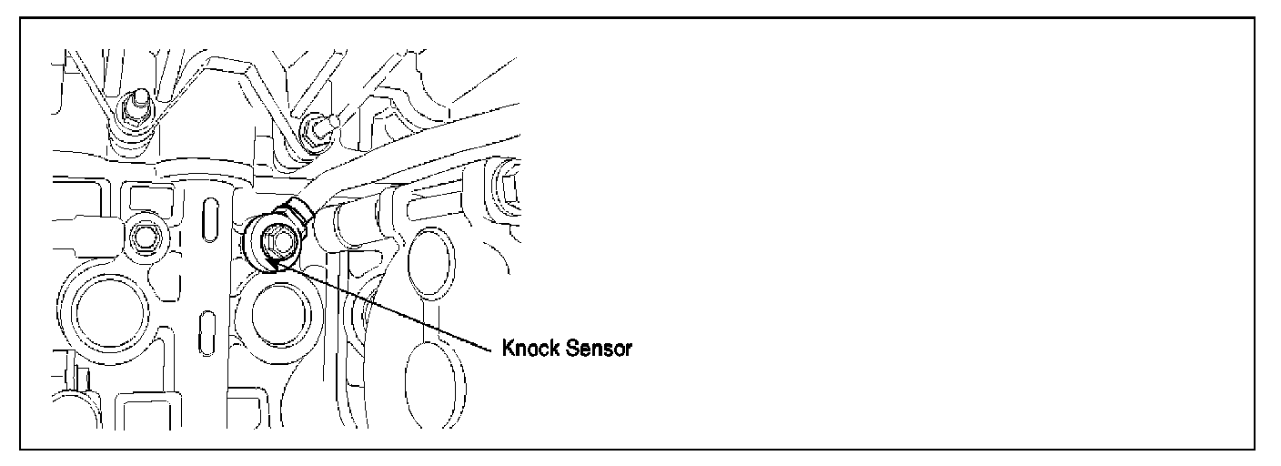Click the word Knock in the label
[x=530, y=350]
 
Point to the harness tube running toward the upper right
[x=428, y=164]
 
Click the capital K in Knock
[x=509, y=350]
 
